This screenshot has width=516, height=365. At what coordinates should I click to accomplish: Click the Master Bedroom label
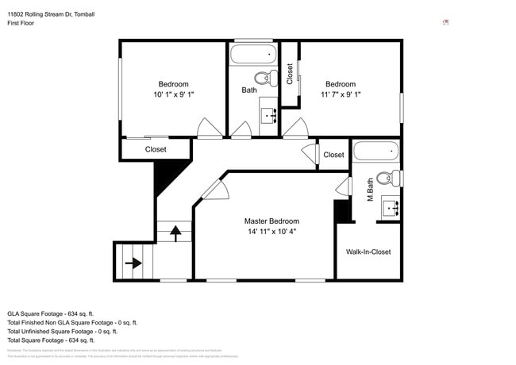271,221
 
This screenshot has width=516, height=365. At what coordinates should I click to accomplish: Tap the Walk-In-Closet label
368,252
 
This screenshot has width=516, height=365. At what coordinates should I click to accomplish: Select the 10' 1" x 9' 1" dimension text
173,94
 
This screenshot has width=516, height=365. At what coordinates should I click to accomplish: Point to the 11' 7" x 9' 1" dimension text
341,94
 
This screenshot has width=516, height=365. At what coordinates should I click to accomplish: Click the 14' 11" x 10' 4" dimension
271,232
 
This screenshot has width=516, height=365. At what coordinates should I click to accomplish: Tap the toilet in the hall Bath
264,79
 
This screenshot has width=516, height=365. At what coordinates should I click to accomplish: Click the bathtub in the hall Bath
253,55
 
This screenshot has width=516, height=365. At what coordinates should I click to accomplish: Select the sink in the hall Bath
269,115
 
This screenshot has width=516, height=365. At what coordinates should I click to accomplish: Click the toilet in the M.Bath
387,179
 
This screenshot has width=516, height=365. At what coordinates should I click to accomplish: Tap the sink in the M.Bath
390,208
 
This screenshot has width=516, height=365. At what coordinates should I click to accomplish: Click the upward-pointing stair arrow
175,232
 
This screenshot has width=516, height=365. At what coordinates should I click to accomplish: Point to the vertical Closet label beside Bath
290,74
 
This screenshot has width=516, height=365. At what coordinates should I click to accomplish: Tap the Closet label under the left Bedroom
156,149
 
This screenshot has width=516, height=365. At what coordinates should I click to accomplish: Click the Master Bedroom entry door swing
214,189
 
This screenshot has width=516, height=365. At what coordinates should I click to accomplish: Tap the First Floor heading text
21,23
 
